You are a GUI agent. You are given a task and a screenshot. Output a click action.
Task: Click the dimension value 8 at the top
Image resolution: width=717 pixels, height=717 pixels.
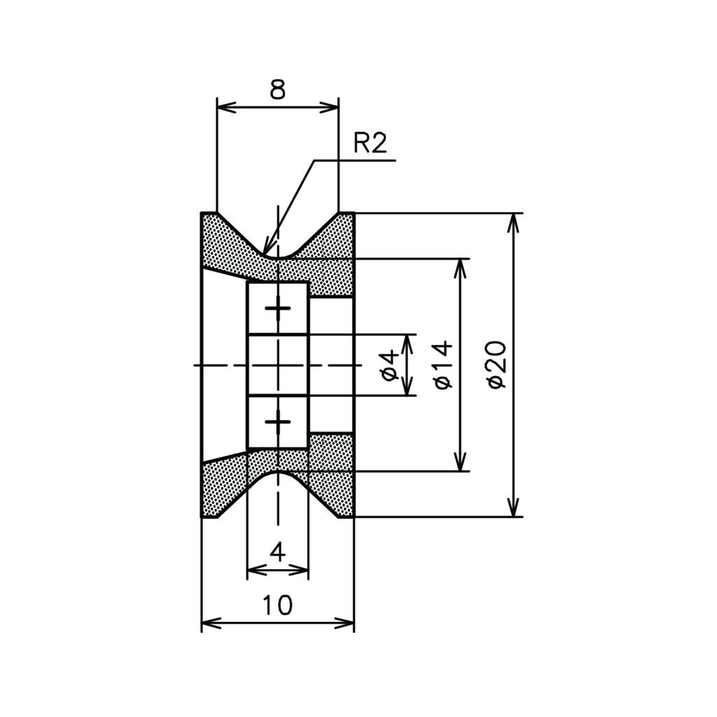point(277,90)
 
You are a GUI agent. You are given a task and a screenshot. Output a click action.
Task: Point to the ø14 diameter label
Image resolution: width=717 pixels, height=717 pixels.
point(443,364)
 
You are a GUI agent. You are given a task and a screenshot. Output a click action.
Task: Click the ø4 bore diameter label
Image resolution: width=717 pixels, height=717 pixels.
point(389,366)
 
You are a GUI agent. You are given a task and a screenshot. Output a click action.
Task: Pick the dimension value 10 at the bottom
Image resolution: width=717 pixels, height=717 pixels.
point(277,605)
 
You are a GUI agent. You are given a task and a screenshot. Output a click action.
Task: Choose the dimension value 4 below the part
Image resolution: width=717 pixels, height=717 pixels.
point(277,553)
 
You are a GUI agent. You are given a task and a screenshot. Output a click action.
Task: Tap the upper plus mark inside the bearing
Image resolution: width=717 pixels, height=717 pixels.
point(277,308)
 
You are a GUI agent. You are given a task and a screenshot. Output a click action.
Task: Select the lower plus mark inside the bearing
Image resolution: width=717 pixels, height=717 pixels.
point(277,422)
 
